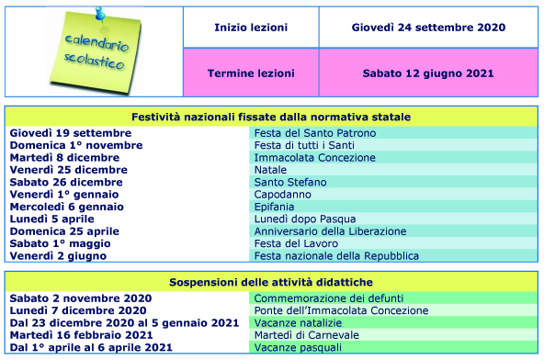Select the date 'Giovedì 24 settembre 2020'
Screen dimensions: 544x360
pyautogui.click(x=428, y=28)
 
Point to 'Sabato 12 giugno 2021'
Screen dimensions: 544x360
pyautogui.click(x=428, y=73)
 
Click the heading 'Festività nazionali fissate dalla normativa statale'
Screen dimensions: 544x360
pyautogui.click(x=270, y=118)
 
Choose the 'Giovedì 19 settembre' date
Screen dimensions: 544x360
pyautogui.click(x=71, y=133)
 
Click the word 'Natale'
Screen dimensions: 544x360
pyautogui.click(x=271, y=170)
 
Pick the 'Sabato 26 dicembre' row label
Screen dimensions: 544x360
pyautogui.click(x=66, y=183)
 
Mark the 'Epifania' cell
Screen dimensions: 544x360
pyautogui.click(x=277, y=207)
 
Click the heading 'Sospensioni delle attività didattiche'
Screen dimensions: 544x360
pyautogui.click(x=270, y=282)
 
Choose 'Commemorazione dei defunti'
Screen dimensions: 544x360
pyautogui.click(x=326, y=298)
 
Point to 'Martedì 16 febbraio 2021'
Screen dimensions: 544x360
pyautogui.click(x=81, y=335)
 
